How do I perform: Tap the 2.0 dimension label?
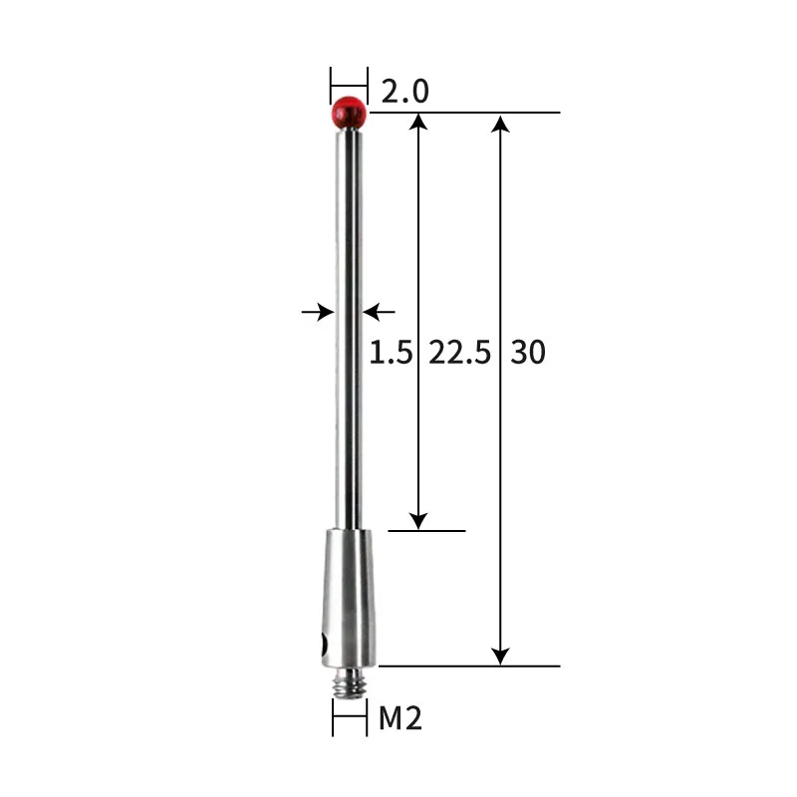point(404,92)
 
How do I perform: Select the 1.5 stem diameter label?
point(391,352)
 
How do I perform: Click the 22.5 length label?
point(459,352)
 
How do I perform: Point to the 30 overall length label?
point(528,352)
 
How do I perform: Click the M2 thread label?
point(400,718)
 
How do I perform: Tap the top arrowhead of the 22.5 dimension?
point(419,123)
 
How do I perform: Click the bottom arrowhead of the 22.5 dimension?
point(419,520)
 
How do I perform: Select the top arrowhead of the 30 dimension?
point(501,123)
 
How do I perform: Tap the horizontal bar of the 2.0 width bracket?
point(349,83)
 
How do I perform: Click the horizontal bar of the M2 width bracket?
point(349,717)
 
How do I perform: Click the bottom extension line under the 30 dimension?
point(468,664)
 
